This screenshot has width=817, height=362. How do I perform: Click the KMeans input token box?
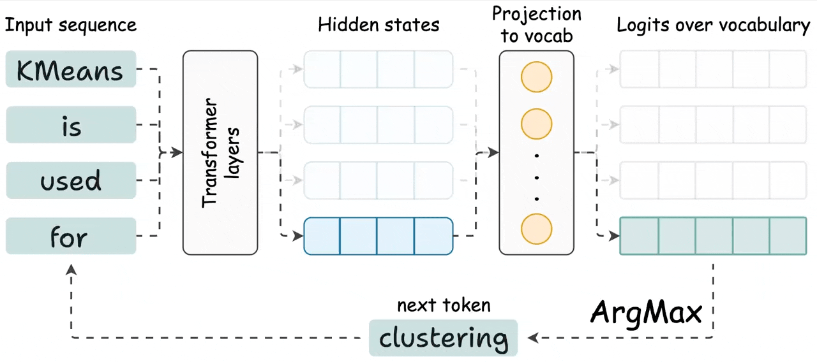(71, 69)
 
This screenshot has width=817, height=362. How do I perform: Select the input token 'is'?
(71, 125)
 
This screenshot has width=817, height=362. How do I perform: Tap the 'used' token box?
(71, 180)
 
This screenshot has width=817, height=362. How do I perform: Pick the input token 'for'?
(71, 236)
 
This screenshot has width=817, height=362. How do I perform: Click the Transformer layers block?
(220, 153)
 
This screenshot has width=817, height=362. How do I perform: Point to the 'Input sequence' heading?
(70, 25)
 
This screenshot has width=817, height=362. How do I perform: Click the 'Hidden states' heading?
(379, 25)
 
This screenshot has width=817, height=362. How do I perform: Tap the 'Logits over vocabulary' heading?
(713, 25)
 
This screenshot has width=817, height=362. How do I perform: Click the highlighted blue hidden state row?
(379, 236)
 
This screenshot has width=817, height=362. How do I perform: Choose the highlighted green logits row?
(713, 236)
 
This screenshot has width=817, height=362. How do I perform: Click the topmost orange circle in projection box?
(536, 77)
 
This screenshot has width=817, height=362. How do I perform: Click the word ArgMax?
(646, 312)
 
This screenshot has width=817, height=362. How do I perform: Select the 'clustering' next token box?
(444, 337)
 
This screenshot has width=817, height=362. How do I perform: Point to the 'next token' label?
(444, 305)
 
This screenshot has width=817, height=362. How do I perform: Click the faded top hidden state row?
(379, 69)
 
